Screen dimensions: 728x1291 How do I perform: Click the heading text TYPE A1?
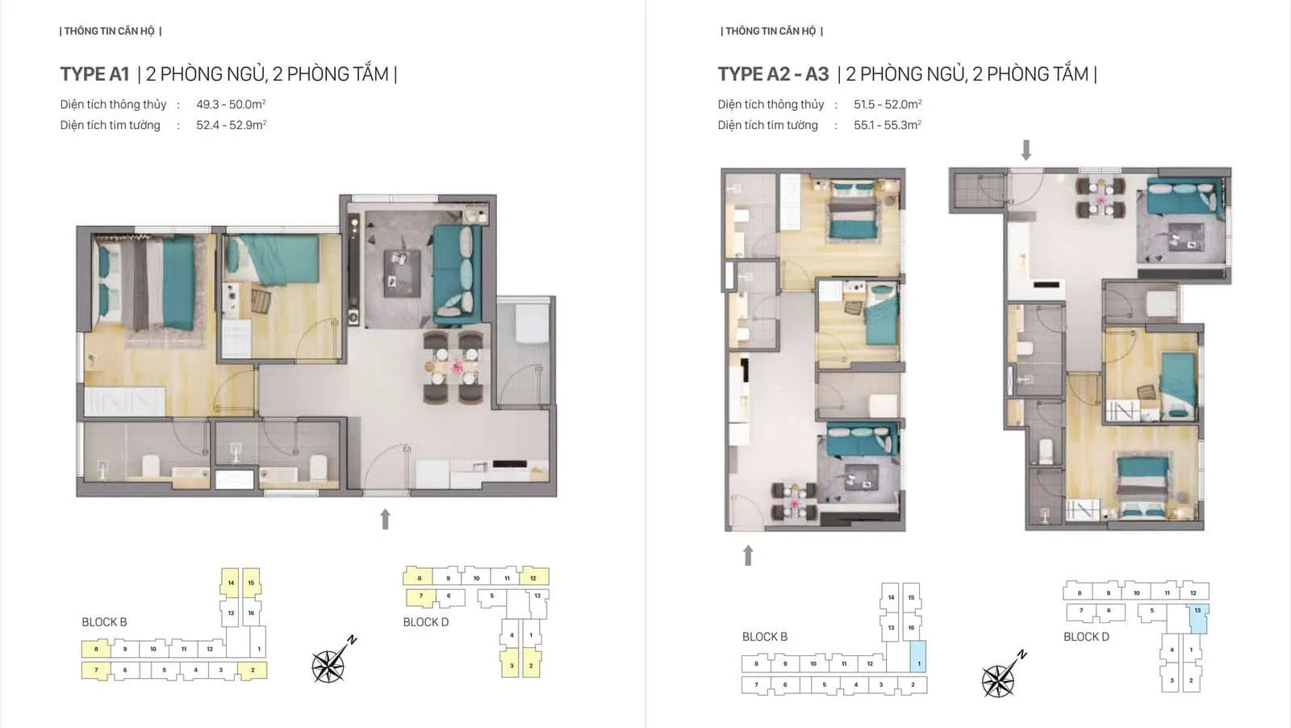tap(94, 74)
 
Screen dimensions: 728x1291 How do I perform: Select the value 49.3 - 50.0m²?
tap(231, 104)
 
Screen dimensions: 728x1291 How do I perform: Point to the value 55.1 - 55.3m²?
tap(887, 125)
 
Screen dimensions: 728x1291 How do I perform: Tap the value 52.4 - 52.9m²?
tap(231, 125)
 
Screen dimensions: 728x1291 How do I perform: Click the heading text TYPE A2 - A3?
tap(773, 74)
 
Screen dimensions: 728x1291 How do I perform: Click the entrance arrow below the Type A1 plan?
tap(386, 519)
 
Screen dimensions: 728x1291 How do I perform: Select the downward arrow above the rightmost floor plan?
tap(1026, 150)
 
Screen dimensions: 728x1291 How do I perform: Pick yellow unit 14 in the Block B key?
tap(231, 582)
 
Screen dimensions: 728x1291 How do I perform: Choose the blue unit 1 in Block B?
tap(918, 657)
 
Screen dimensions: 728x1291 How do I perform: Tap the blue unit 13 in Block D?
tap(1199, 617)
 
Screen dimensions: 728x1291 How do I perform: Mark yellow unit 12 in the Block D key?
tap(533, 577)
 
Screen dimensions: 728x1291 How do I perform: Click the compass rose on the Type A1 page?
tap(330, 663)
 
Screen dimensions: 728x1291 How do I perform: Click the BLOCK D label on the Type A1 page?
tap(425, 622)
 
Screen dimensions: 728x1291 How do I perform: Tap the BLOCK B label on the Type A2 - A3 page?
tap(764, 637)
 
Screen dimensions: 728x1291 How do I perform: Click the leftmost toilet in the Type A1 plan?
tap(151, 466)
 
